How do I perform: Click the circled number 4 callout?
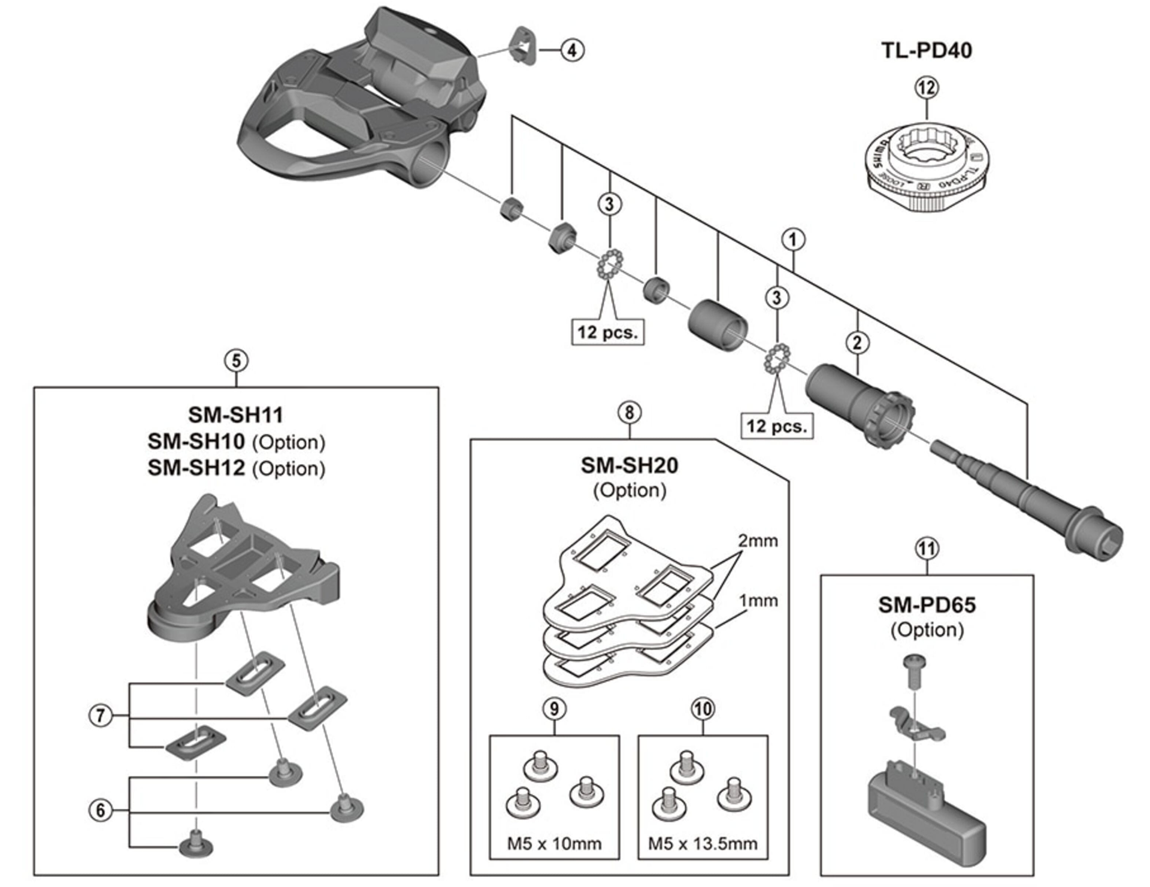(572, 50)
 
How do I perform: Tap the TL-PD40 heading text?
(926, 50)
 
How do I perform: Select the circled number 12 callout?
(927, 88)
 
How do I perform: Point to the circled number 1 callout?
(793, 240)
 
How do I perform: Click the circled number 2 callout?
(857, 343)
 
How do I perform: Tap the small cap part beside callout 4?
(523, 45)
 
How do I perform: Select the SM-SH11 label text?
(235, 414)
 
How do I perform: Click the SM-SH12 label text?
(196, 468)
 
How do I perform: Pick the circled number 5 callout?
(236, 361)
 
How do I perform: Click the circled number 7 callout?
(101, 715)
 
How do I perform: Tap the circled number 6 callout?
(101, 810)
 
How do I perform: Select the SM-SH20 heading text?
(630, 465)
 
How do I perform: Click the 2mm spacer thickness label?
(758, 541)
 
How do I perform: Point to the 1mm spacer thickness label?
(758, 600)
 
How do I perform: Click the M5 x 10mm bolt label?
(554, 844)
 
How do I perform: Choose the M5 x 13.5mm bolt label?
(703, 844)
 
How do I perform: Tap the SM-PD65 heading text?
(927, 605)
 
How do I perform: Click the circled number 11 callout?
(927, 549)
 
